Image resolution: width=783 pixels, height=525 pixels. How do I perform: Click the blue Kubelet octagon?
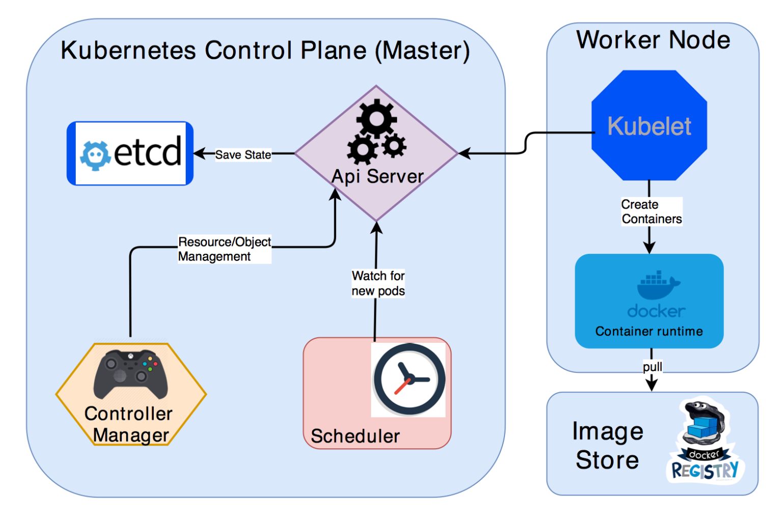click(649, 126)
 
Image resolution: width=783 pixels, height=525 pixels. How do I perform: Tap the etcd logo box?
click(130, 153)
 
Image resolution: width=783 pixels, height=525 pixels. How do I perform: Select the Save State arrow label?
click(243, 155)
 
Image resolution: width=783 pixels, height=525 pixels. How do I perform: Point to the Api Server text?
click(377, 177)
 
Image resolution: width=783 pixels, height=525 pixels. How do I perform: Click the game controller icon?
click(131, 374)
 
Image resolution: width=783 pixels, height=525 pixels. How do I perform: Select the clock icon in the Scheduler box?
click(408, 380)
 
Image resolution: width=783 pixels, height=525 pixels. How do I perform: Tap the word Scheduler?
click(355, 436)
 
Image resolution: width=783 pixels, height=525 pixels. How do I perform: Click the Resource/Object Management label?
click(224, 249)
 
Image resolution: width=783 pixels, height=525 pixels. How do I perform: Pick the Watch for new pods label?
click(378, 283)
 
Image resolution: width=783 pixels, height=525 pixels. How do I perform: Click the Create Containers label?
click(651, 212)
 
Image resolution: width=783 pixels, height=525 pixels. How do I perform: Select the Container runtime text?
click(649, 331)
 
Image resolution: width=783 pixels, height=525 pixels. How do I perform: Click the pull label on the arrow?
click(652, 367)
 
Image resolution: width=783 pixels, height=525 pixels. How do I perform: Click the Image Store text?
click(607, 445)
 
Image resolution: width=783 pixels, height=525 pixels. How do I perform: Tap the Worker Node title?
click(653, 40)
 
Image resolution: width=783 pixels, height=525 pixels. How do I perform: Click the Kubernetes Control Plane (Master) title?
click(265, 50)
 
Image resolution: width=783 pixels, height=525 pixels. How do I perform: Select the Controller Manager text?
click(129, 424)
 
